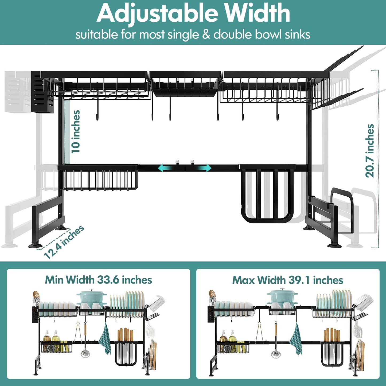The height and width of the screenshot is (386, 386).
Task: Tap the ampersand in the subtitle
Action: click(206, 35)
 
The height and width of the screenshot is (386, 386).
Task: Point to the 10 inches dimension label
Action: click(76, 131)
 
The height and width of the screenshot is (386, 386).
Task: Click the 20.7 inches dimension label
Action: click(370, 151)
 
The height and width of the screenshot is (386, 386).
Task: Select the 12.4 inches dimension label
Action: click(64, 242)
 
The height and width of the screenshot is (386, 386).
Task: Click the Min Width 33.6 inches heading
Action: click(98, 280)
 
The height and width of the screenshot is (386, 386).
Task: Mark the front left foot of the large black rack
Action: click(35, 245)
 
